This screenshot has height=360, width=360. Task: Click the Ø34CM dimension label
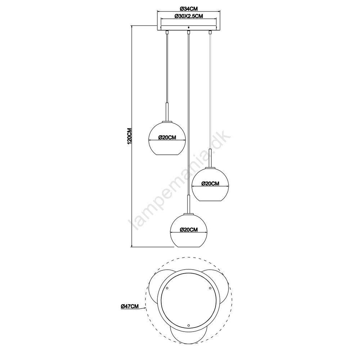[x=189, y=9]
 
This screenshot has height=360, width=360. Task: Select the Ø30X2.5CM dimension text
[x=189, y=16]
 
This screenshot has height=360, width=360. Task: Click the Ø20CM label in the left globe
[x=167, y=138]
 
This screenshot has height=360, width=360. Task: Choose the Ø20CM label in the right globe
[x=210, y=184]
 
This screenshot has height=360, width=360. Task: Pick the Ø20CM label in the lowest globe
[x=189, y=230]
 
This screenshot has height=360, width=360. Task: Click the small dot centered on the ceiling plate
[x=189, y=27]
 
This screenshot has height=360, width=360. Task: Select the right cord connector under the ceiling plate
[x=210, y=32]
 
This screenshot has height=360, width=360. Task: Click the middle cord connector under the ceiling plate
[x=189, y=32]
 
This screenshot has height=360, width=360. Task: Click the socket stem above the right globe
[x=210, y=158]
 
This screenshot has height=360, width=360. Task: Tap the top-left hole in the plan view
[x=167, y=288]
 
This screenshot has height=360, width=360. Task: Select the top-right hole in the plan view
[x=210, y=288]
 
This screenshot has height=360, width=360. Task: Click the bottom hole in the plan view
[x=189, y=325]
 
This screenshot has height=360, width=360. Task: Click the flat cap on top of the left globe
[x=167, y=122]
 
